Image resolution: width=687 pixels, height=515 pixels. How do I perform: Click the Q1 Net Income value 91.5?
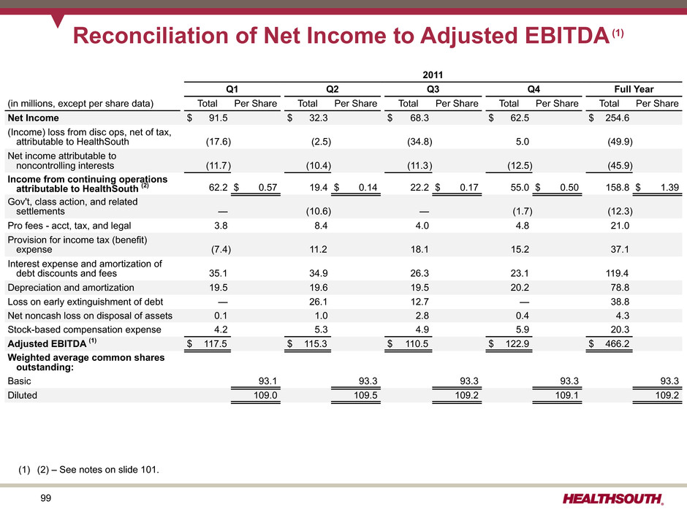coord(219,118)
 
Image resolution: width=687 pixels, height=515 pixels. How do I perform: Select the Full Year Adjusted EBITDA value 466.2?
coord(618,344)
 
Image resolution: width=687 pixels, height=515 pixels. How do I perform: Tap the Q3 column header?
coord(433,89)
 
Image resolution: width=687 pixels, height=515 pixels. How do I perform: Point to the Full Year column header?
coord(634,89)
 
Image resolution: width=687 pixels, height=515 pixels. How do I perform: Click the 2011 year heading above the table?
coord(433,75)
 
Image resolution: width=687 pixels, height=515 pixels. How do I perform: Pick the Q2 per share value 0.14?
coord(368,188)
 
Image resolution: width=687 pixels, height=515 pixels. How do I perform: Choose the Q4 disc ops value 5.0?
coord(523,142)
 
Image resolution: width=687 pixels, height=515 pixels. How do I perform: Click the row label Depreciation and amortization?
coord(71,288)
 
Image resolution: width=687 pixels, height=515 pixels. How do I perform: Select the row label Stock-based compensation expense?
coord(84,329)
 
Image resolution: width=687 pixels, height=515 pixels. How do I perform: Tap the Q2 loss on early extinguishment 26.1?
coord(319,302)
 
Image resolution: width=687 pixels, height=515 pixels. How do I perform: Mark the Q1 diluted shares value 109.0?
coord(265,395)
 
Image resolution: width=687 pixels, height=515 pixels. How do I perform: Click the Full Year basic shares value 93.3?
coord(669,381)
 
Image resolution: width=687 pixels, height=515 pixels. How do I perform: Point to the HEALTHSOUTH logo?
coord(613,499)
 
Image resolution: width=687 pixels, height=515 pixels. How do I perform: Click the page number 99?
coord(45,498)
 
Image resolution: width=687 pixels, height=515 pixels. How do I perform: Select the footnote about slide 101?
coord(88,470)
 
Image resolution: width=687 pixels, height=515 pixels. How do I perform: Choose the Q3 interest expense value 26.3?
coord(420,273)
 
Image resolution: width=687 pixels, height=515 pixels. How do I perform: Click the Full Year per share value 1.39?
coord(670,188)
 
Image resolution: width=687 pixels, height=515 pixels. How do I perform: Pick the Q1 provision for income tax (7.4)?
coord(221,250)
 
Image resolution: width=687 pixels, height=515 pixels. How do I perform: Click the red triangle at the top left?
coord(58,20)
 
